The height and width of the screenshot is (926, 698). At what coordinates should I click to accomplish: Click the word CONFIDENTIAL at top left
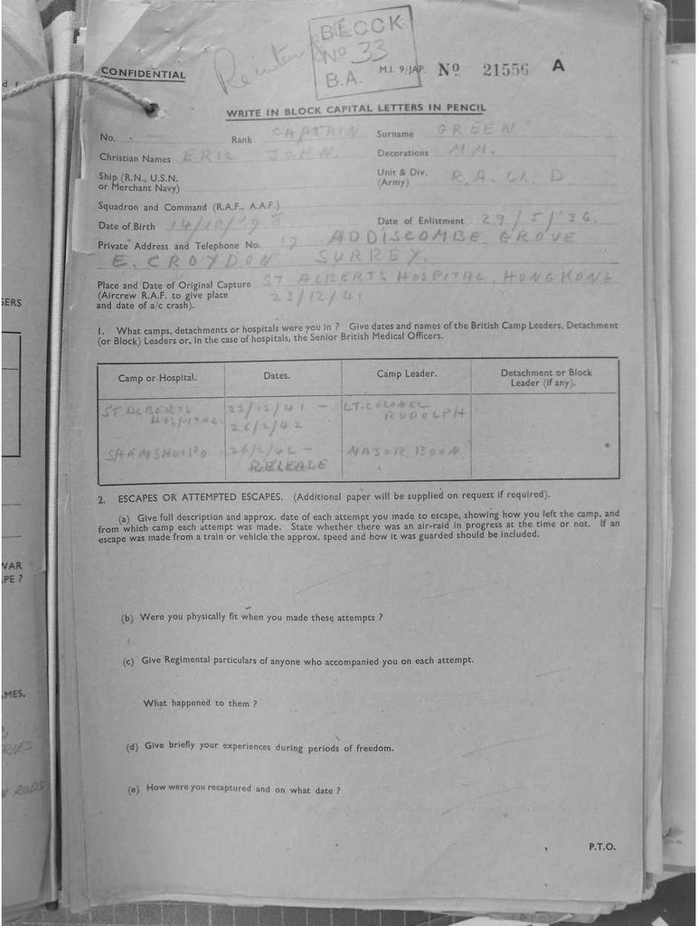click(143, 74)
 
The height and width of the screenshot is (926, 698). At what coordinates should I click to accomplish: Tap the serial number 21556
click(505, 70)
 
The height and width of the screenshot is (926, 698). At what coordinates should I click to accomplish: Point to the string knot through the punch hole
click(150, 109)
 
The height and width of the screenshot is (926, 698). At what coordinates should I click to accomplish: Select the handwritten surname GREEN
click(476, 129)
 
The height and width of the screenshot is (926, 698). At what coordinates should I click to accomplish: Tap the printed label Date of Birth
click(127, 226)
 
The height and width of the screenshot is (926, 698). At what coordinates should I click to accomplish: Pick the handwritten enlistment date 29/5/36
click(525, 218)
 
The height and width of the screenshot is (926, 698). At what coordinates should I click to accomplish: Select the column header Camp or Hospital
click(157, 377)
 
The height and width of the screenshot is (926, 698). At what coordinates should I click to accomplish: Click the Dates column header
click(277, 374)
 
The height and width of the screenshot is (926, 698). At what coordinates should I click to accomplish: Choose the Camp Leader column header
click(406, 373)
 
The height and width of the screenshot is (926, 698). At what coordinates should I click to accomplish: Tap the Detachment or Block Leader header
click(546, 377)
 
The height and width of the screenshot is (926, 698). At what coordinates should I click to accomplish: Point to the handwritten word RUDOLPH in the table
click(423, 414)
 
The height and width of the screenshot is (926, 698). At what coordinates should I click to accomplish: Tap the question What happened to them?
click(200, 703)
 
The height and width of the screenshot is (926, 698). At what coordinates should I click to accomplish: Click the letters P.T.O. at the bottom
click(601, 846)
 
